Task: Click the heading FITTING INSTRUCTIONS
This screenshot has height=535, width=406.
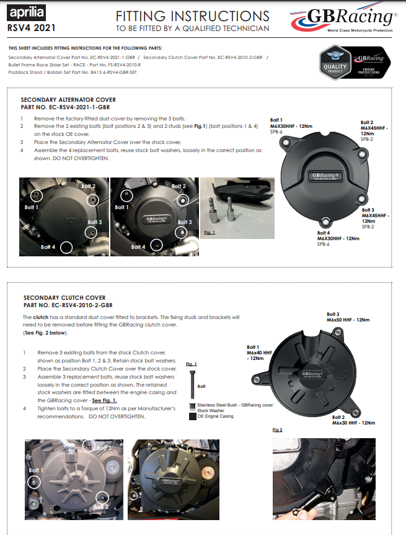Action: (193, 16)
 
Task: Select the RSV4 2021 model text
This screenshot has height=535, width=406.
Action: (27, 28)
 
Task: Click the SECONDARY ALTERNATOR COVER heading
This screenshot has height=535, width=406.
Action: (68, 99)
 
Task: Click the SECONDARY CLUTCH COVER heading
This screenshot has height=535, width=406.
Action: (64, 298)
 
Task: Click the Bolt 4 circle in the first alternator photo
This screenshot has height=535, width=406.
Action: (66, 246)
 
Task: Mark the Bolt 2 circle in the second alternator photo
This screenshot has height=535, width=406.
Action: (182, 200)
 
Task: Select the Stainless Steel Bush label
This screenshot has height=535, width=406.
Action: (235, 405)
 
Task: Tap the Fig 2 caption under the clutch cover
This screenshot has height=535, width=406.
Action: (277, 429)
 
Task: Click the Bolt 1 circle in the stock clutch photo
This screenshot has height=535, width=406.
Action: (35, 481)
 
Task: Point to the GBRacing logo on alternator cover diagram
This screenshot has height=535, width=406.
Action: (324, 176)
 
